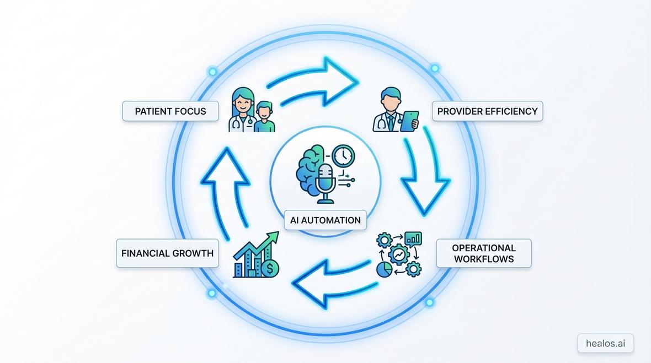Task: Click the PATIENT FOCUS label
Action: (170, 111)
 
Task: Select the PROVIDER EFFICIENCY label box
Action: (487, 111)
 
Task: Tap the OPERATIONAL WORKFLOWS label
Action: (483, 253)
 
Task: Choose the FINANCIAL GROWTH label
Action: (167, 253)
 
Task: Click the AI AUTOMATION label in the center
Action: (325, 220)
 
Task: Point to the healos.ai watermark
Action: (605, 343)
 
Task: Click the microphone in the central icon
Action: (326, 180)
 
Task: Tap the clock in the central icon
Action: (343, 156)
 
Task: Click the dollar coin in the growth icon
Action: (270, 269)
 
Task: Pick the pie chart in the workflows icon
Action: (384, 269)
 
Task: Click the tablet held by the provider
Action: (409, 121)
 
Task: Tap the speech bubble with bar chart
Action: (413, 239)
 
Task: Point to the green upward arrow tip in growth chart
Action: (274, 236)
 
